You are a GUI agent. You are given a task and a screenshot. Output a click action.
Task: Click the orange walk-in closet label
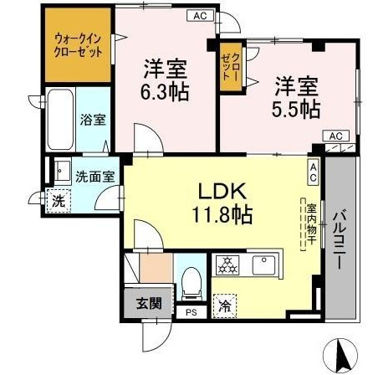(78, 44)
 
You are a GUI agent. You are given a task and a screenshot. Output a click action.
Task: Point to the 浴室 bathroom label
(92, 120)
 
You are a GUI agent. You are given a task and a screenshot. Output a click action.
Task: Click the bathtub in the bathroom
(60, 118)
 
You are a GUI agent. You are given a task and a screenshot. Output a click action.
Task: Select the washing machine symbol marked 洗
(57, 200)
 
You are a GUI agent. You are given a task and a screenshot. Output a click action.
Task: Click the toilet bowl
(192, 284)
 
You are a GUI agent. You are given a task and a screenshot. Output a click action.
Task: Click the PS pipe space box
(192, 313)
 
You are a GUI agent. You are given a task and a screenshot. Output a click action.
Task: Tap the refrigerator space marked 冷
(224, 307)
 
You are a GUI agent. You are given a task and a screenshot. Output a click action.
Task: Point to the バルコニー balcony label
(340, 239)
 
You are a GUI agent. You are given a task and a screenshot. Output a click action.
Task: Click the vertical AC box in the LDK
(313, 172)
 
